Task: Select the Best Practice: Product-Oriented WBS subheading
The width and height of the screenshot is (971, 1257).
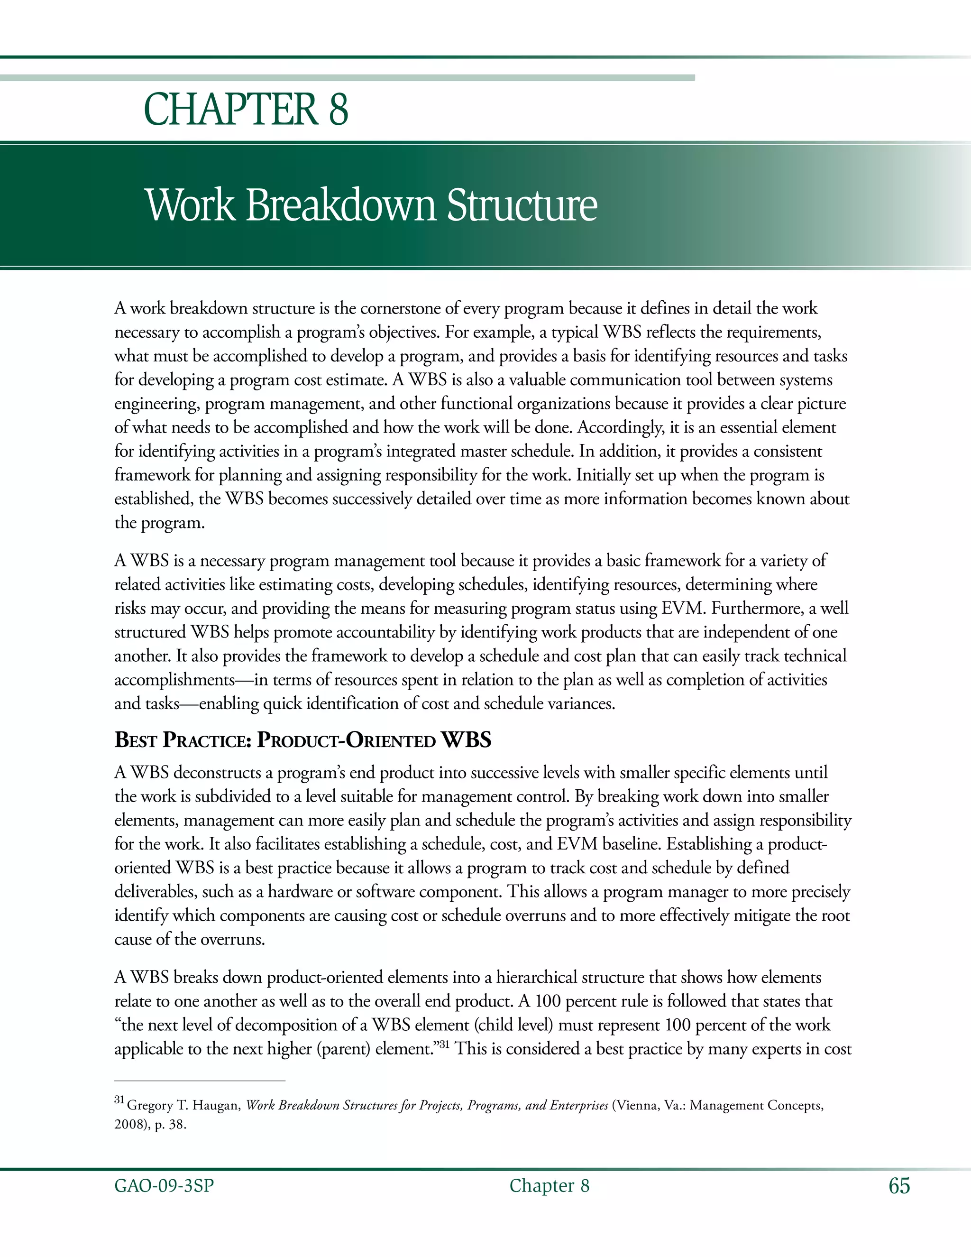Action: point(302,740)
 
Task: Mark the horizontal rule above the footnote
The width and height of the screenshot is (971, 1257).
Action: point(200,1081)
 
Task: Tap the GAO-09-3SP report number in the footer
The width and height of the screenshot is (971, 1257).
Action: point(164,1186)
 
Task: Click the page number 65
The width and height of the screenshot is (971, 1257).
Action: point(899,1186)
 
